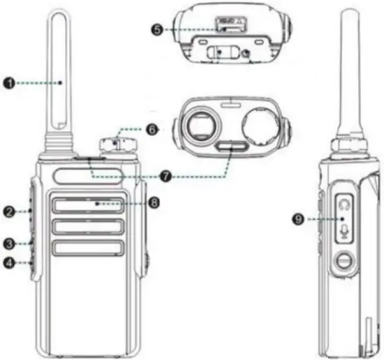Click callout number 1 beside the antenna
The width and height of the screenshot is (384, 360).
tap(9, 83)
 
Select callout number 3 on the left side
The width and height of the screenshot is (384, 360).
tap(9, 243)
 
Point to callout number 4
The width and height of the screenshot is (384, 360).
tap(9, 263)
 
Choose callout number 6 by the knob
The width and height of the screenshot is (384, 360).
tap(153, 130)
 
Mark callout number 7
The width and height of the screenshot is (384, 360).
tap(165, 177)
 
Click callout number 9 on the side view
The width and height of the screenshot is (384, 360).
tap(299, 219)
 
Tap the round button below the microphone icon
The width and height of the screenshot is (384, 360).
tap(342, 262)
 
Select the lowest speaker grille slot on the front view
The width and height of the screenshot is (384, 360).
tap(87, 247)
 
